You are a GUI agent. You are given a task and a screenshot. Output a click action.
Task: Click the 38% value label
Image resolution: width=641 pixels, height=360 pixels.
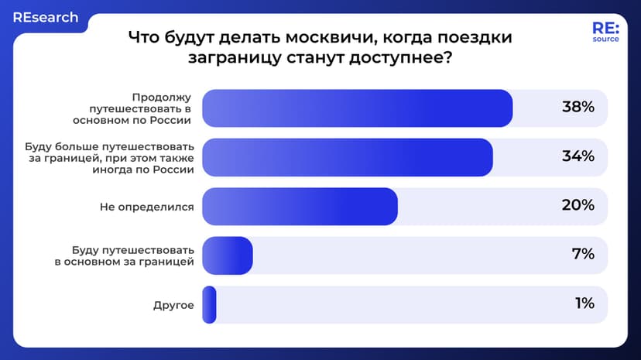tap(578, 108)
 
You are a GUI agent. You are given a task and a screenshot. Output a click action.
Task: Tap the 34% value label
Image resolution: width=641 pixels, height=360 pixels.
tap(578, 156)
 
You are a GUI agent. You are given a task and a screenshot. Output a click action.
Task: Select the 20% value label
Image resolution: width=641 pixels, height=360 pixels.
tap(578, 205)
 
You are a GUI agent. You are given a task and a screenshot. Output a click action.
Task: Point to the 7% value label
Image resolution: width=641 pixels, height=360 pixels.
tap(583, 254)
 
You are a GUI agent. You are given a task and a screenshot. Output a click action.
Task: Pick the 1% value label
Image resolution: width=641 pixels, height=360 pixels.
tap(584, 303)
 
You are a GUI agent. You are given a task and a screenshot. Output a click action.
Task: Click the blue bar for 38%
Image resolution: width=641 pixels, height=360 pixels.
tap(357, 108)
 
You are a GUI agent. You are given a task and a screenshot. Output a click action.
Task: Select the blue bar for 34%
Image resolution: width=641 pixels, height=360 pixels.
tap(347, 156)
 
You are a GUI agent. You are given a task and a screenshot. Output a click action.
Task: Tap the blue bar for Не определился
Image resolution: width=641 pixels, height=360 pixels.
tap(300, 206)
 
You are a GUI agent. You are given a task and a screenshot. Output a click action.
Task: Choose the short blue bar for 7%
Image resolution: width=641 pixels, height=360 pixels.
tap(228, 255)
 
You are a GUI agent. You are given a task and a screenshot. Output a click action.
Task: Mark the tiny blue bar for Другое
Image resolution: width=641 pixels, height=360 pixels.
tap(209, 304)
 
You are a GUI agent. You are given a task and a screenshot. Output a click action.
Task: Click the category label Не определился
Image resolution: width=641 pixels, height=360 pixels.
tap(147, 207)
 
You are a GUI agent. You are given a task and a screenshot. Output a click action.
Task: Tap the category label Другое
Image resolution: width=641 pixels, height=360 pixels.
tap(173, 305)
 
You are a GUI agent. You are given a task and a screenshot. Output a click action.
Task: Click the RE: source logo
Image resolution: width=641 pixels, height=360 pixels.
tap(605, 32)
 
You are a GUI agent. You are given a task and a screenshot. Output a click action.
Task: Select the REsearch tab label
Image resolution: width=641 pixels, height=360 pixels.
tap(45, 17)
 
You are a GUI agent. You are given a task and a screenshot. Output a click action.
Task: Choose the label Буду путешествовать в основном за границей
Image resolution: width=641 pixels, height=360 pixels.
tap(124, 255)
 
